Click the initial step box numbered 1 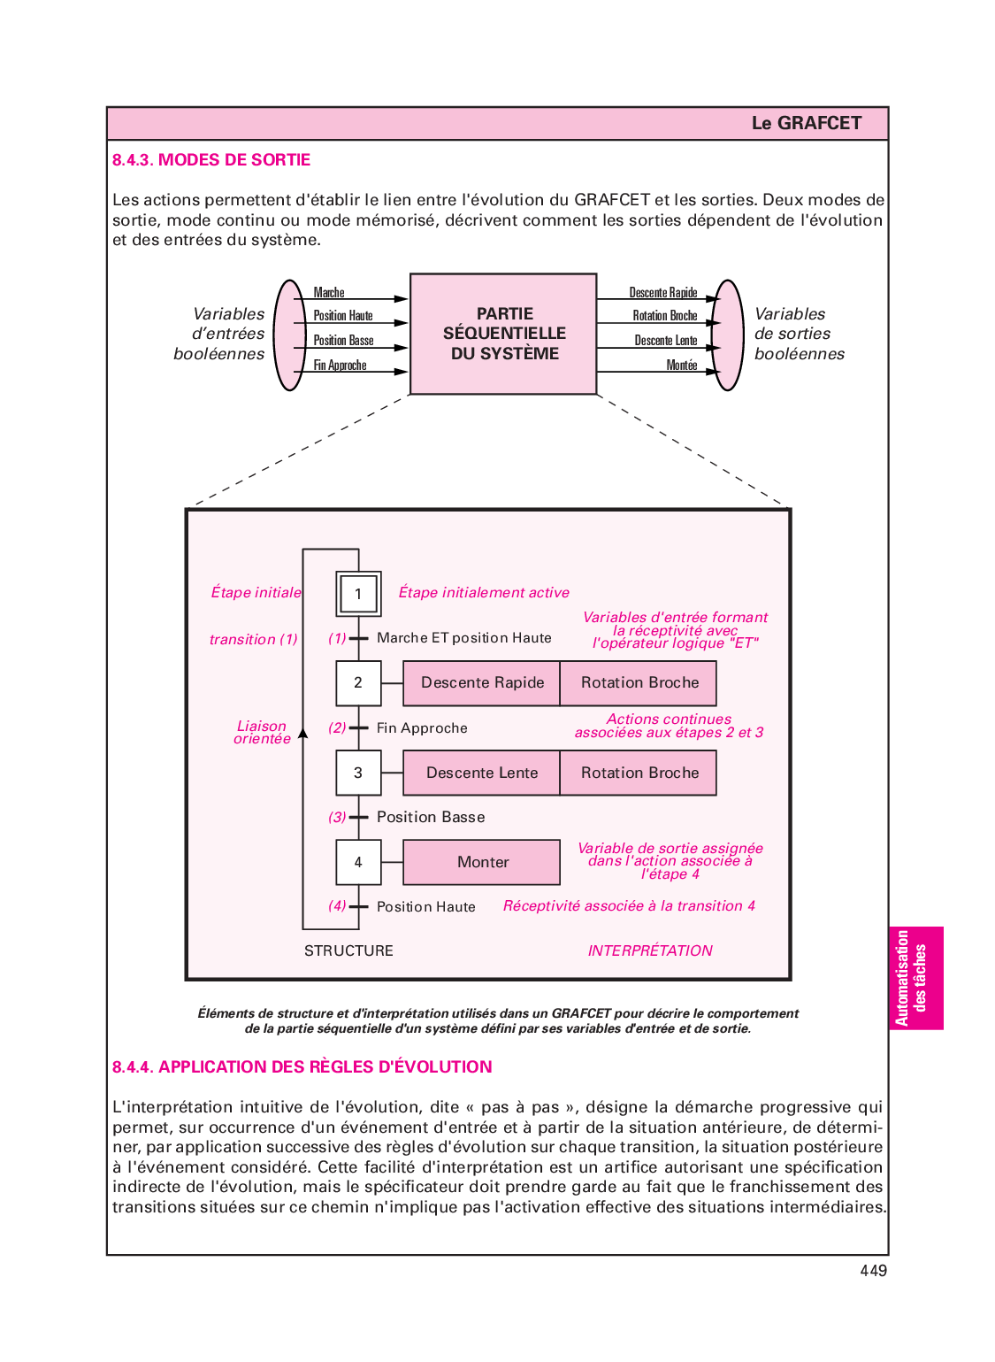[x=358, y=594]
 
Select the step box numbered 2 [x=358, y=683]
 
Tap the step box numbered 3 [x=358, y=773]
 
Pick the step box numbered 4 [x=358, y=862]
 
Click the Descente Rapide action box [x=482, y=683]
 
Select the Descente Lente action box [x=482, y=773]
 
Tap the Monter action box [x=482, y=862]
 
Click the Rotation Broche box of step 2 [x=639, y=683]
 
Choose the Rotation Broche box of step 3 [x=639, y=773]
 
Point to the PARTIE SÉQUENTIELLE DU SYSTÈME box [x=504, y=334]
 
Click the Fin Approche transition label [x=422, y=728]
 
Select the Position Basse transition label [x=431, y=817]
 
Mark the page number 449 [x=873, y=1271]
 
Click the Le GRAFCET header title [x=806, y=123]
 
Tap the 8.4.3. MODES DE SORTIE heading [x=211, y=160]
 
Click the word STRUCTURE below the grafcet [x=348, y=950]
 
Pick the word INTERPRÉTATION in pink [x=650, y=950]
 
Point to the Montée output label [x=682, y=366]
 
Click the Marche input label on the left [x=329, y=293]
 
